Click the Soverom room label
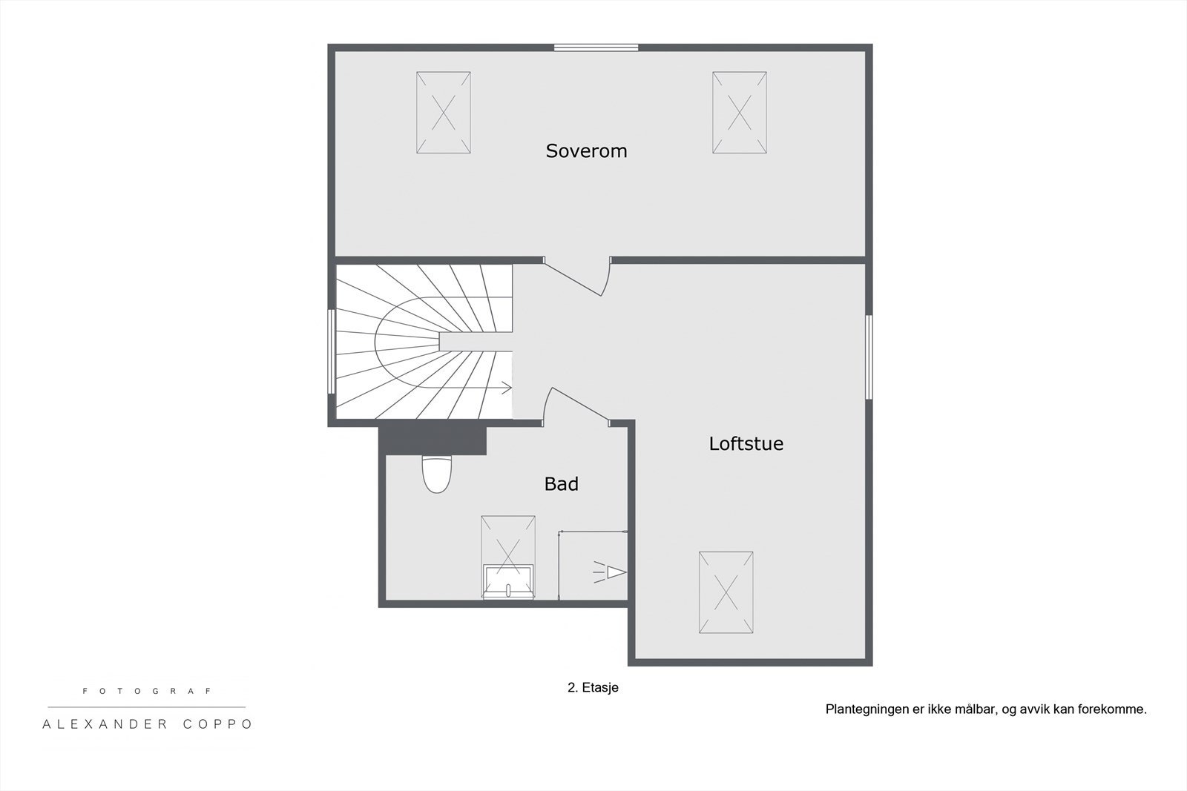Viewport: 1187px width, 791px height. (x=586, y=151)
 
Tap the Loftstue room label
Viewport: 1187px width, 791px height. (x=746, y=443)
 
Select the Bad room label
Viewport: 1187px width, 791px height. (x=561, y=484)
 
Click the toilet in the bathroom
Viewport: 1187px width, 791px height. (x=437, y=474)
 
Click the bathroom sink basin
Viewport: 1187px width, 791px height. (x=508, y=582)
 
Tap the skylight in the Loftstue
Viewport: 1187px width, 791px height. (x=726, y=592)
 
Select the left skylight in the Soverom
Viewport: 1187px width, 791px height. (x=444, y=113)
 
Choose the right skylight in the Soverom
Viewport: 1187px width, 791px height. (x=739, y=113)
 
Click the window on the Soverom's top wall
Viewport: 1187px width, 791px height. (x=596, y=47)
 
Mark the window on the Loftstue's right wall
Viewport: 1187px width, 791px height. (x=869, y=357)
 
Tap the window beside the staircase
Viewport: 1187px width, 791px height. (x=331, y=351)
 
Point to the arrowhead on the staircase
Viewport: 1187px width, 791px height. (x=507, y=388)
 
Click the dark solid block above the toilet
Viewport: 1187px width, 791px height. (x=433, y=440)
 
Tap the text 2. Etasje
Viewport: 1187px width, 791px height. (x=593, y=688)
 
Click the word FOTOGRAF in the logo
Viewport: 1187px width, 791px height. (x=148, y=691)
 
